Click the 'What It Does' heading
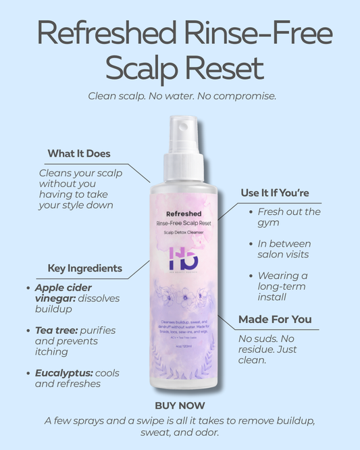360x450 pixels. (79, 154)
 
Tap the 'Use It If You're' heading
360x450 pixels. (275, 193)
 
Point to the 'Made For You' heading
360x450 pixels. (274, 319)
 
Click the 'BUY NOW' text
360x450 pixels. (180, 406)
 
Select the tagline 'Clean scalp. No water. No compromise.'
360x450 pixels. (182, 96)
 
